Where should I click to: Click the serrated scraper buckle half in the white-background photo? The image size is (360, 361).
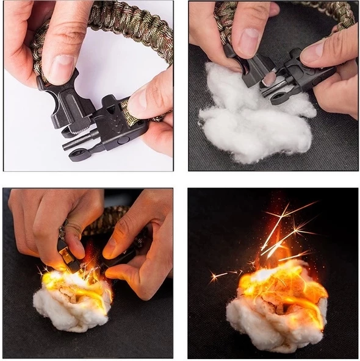tap(70, 107)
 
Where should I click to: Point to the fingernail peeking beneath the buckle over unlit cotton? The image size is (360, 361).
tap(269, 78)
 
